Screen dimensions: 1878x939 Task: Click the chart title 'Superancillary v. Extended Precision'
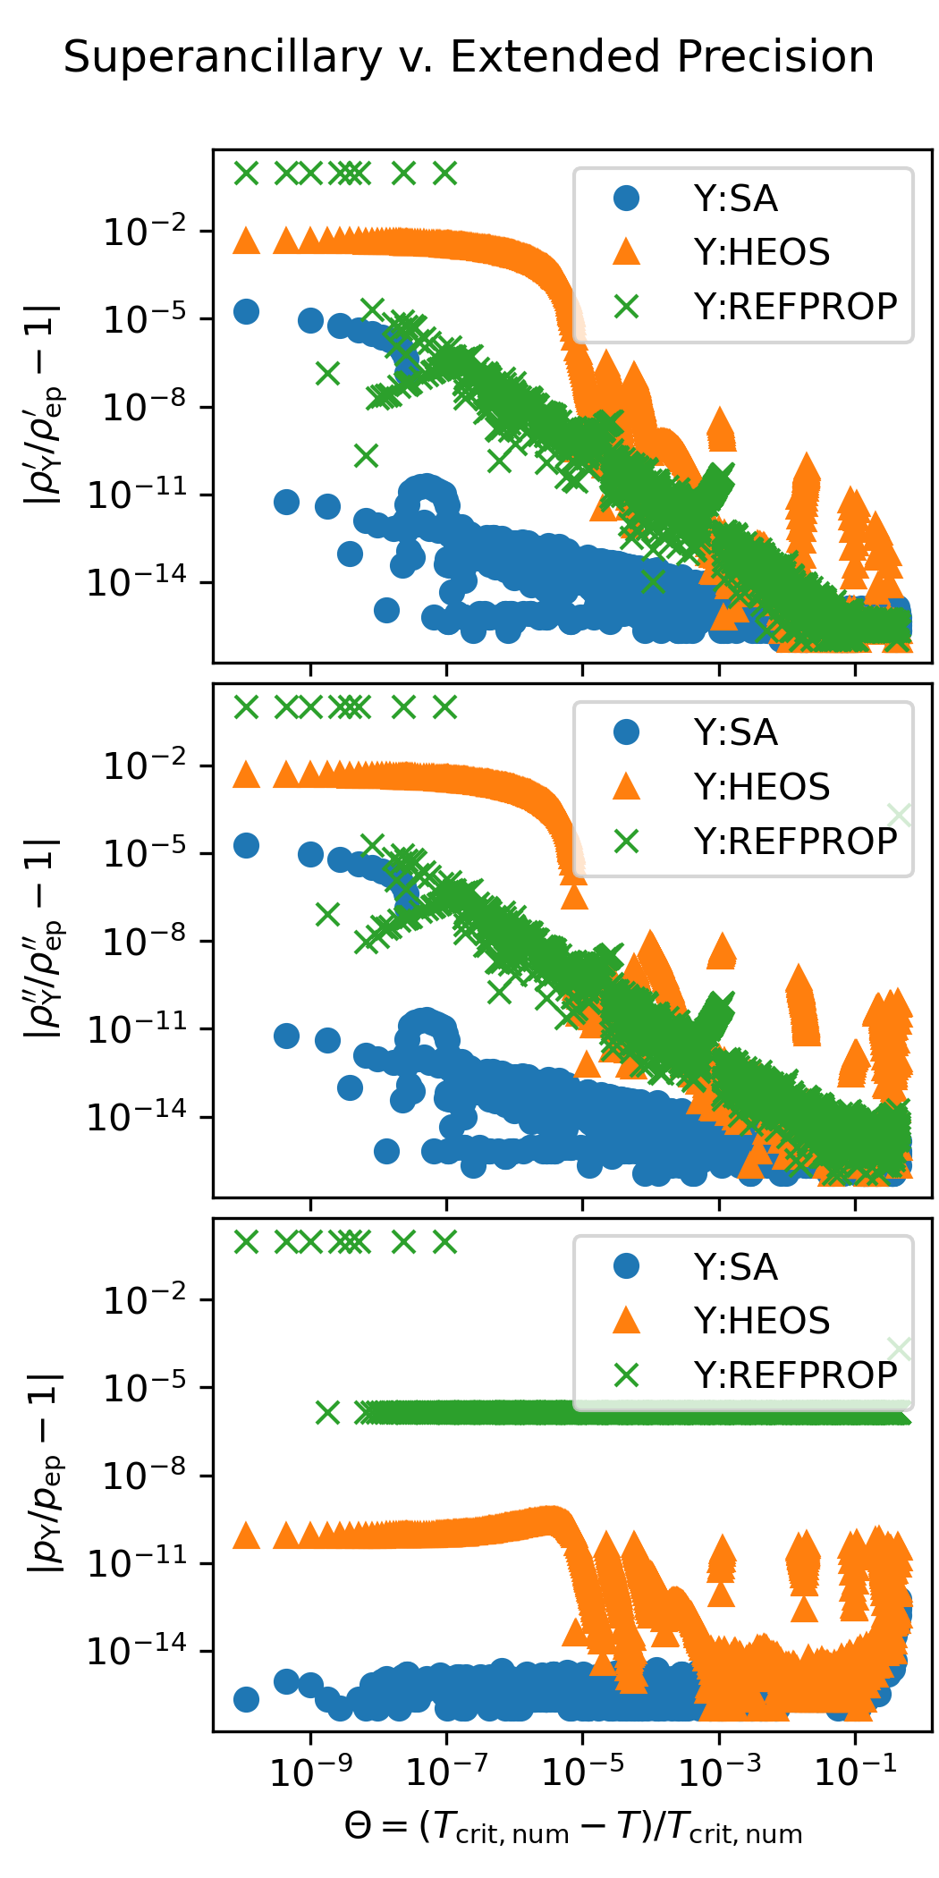(x=469, y=57)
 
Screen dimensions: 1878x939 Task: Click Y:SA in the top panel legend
(x=735, y=199)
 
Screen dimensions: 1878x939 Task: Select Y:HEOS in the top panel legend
(x=761, y=253)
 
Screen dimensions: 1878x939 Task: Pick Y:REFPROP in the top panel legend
(x=795, y=307)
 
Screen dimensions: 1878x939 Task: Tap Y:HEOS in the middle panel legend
(x=761, y=787)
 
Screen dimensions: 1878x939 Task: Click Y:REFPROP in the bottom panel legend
(x=795, y=1375)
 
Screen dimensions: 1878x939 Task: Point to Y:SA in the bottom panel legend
(x=735, y=1267)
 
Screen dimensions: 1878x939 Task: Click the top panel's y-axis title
(x=44, y=405)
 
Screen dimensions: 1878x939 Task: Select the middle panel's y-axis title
(x=44, y=939)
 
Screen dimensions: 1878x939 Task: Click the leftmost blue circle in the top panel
(x=246, y=311)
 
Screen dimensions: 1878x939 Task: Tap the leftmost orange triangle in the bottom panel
(x=246, y=1536)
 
